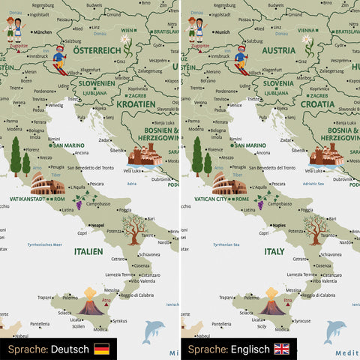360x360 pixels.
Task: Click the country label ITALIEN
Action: pos(88,253)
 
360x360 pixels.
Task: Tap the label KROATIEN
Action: pos(136,104)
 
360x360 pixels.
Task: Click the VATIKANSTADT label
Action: pos(28,199)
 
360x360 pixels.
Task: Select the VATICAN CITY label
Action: pos(208,199)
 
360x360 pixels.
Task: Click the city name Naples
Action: pos(279,224)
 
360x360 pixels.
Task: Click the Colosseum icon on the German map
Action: pos(48,184)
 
